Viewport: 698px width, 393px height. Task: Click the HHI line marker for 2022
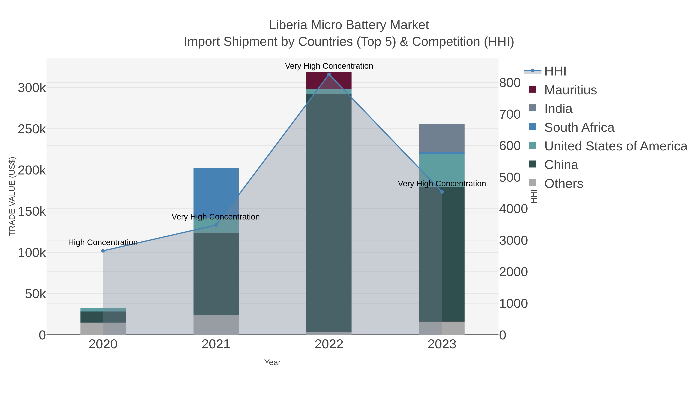(x=329, y=74)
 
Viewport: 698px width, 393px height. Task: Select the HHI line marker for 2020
(x=103, y=251)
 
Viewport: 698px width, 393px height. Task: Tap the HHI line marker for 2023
(x=442, y=192)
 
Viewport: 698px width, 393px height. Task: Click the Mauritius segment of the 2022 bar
(x=329, y=80)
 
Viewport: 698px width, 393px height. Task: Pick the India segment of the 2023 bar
(x=442, y=138)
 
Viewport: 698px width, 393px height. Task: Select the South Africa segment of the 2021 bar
(x=216, y=190)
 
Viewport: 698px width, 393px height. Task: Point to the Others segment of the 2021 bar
(x=216, y=325)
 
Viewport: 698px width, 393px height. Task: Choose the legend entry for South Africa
(x=579, y=128)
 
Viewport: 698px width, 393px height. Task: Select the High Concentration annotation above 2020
(x=103, y=242)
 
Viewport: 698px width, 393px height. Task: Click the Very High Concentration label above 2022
(x=329, y=66)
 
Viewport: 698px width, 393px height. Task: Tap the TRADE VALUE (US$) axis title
(x=12, y=196)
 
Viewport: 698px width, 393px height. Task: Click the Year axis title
(x=272, y=362)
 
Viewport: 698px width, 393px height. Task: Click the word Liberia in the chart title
(x=288, y=25)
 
